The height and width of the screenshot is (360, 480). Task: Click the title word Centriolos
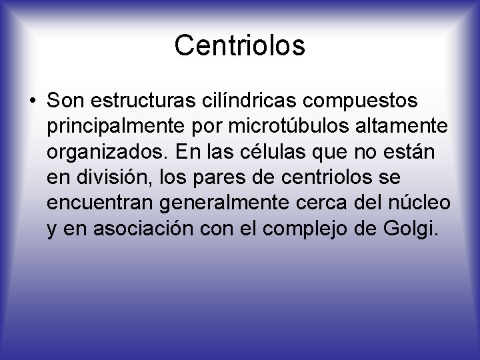click(x=239, y=45)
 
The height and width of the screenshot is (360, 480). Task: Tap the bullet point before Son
click(x=32, y=101)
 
